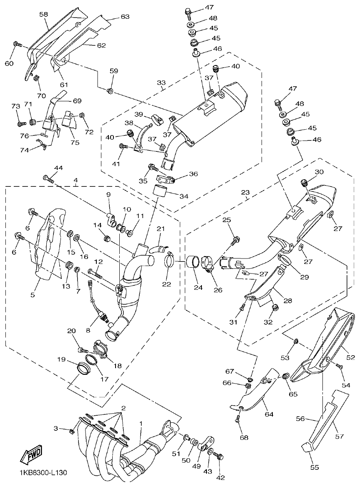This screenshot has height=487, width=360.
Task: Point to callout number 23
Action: tap(245, 193)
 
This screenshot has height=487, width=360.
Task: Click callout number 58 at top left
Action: tap(44, 14)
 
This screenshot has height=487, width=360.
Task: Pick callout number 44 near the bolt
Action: tap(58, 167)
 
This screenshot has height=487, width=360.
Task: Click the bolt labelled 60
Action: tap(18, 45)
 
